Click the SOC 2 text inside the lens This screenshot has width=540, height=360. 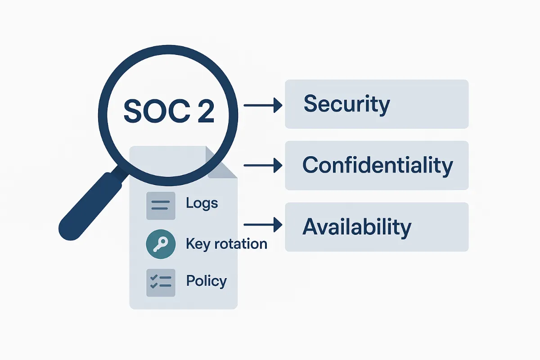[x=169, y=110]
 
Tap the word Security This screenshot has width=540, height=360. [x=346, y=104]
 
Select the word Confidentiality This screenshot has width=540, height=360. [x=377, y=165]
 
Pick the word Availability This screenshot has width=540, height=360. [x=357, y=227]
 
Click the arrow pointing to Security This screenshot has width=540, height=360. [x=263, y=106]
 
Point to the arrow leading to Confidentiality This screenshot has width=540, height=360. [x=263, y=166]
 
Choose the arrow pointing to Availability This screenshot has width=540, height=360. [x=263, y=224]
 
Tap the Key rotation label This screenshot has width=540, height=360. [x=226, y=244]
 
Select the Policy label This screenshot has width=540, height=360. [x=206, y=281]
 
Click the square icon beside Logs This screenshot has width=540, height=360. [x=161, y=206]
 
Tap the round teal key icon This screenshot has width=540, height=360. [x=161, y=245]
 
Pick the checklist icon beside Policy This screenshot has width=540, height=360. [x=161, y=283]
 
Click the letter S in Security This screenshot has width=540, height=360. [x=310, y=104]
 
